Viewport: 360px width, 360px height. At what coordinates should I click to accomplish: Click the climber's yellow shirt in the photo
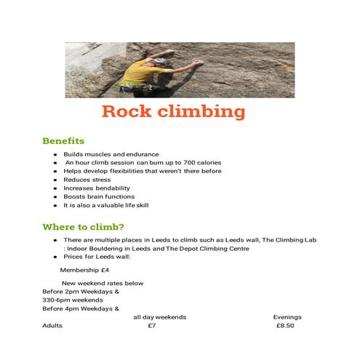pos(137,73)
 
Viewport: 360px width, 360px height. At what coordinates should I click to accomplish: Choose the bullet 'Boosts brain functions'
pos(99,196)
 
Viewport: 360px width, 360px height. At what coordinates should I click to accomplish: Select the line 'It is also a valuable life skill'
pos(106,205)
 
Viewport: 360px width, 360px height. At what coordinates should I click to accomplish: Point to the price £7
pos(151,326)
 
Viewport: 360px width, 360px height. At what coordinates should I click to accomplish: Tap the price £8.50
pos(285,326)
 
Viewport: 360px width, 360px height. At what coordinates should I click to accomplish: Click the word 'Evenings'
pos(287,317)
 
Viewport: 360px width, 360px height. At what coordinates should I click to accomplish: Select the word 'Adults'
pos(52,326)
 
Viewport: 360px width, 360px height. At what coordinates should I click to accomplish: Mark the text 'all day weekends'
pos(160,317)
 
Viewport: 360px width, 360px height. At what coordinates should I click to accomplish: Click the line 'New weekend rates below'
pos(103,283)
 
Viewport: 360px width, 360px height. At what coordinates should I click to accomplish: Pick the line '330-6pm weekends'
pos(73,300)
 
